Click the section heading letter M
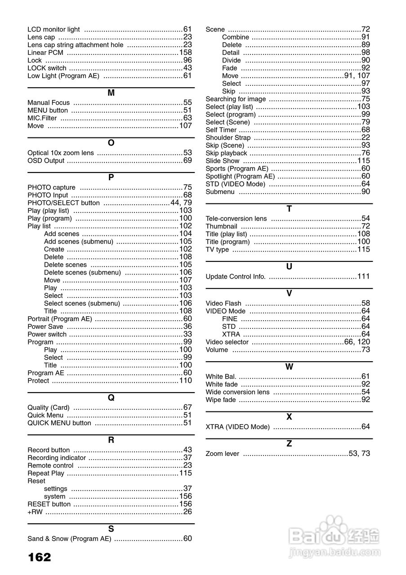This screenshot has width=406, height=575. pos(111,93)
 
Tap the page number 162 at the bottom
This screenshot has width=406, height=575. pos(40,557)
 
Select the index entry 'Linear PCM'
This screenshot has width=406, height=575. pos(45,53)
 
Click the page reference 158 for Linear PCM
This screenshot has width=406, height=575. pos(185,53)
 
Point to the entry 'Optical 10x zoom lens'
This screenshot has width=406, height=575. pos(61,153)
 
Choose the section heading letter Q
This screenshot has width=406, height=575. pos(111,398)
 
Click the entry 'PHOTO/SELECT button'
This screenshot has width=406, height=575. pos(63,203)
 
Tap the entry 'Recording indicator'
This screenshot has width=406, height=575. pos(57,458)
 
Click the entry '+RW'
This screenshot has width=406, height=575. pos(35,512)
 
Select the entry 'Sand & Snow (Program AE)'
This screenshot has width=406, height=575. pos(69,539)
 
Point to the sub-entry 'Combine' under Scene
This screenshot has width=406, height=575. pos(235,37)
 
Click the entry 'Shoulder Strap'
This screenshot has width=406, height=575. pos(228,137)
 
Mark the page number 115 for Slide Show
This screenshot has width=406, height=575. pos(364,161)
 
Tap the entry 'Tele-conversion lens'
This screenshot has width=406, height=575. pos(236,219)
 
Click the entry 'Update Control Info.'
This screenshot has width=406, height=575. pos(236,277)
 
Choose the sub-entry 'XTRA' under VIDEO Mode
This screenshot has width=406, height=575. pos(231,334)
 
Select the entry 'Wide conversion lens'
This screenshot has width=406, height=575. pos(237,392)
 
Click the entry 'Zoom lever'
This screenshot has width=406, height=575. pos(223,454)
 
